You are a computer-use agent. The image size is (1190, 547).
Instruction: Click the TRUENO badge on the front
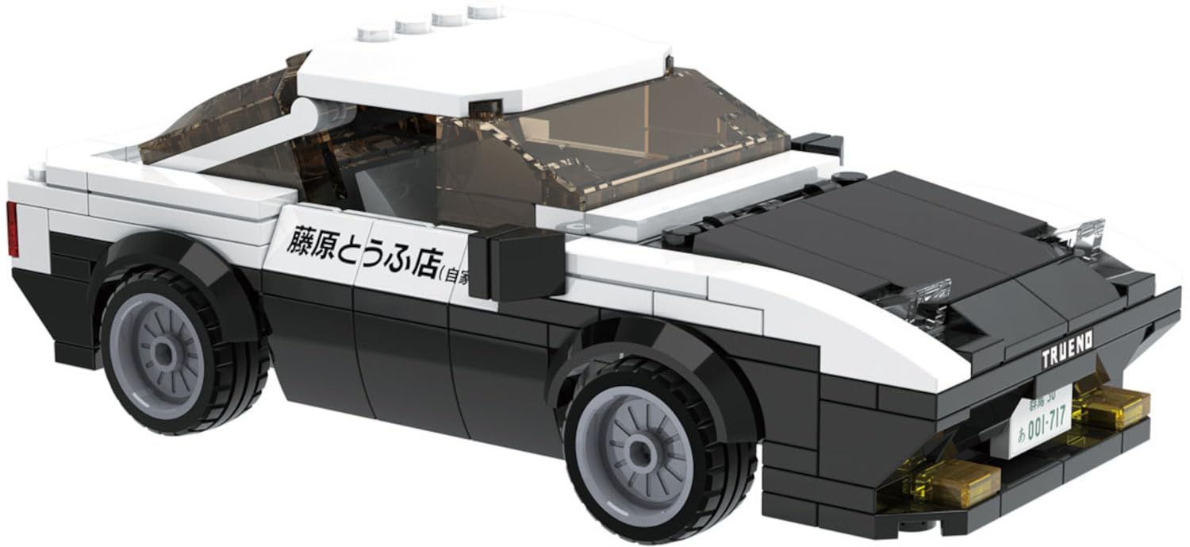point(1066,350)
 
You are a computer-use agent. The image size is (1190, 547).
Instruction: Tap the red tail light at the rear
point(12,229)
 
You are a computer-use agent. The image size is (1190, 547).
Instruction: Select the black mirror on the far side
point(817,144)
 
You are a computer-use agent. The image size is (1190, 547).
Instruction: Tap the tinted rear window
point(214,119)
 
